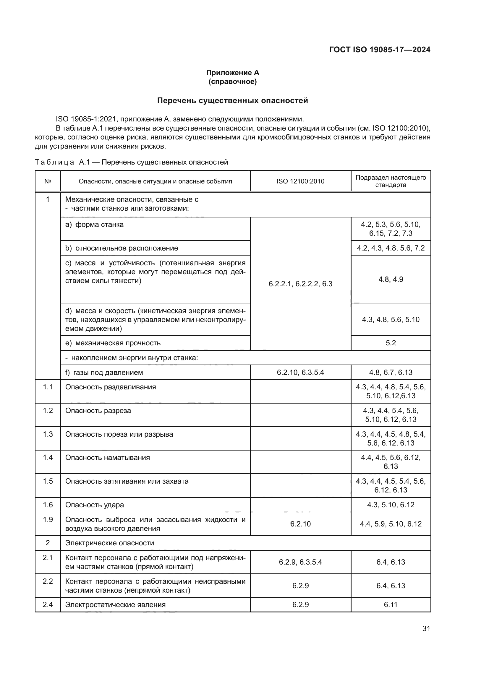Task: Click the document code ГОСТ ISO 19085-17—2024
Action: pyautogui.click(x=379, y=50)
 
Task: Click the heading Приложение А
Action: pyautogui.click(x=232, y=73)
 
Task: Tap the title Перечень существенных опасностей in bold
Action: pyautogui.click(x=232, y=100)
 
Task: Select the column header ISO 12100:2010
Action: pyautogui.click(x=300, y=181)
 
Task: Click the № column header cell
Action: pyautogui.click(x=48, y=181)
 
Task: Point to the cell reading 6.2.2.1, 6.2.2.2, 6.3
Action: pyautogui.click(x=300, y=284)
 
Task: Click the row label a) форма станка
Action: pyautogui.click(x=94, y=225)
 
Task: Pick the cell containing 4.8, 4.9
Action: pyautogui.click(x=391, y=279)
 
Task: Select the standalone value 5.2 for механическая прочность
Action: pyautogui.click(x=391, y=343)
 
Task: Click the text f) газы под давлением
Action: pyautogui.click(x=104, y=373)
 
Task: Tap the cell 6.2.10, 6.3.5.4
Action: pyautogui.click(x=300, y=373)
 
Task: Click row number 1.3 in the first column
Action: pyautogui.click(x=48, y=434)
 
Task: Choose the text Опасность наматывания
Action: pyautogui.click(x=108, y=458)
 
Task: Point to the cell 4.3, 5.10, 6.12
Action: pyautogui.click(x=391, y=505)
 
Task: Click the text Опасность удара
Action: pyautogui.click(x=95, y=505)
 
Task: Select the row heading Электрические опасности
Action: pyautogui.click(x=110, y=543)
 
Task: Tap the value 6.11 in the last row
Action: pyautogui.click(x=391, y=605)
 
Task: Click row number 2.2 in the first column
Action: pyautogui.click(x=48, y=581)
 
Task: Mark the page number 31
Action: pyautogui.click(x=426, y=628)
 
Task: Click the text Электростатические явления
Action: pyautogui.click(x=115, y=605)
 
